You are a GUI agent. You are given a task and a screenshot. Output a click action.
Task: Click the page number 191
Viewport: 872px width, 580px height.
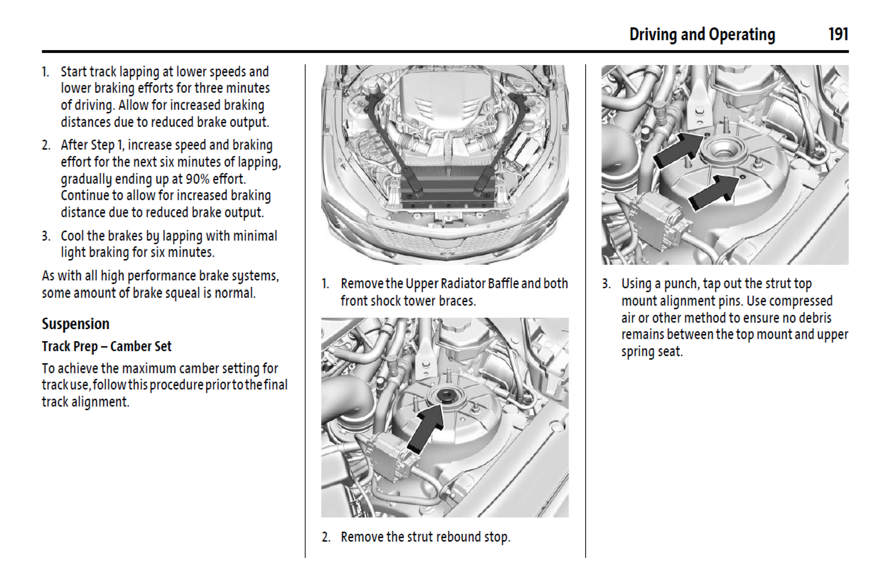838,34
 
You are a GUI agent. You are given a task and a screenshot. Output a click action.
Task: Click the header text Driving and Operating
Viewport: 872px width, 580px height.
702,35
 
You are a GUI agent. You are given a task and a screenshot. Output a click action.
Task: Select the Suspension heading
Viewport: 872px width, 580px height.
75,324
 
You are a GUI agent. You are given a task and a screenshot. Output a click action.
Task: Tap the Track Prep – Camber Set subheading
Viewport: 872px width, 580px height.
107,346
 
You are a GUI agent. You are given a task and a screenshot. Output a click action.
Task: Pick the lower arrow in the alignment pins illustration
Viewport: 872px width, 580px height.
712,192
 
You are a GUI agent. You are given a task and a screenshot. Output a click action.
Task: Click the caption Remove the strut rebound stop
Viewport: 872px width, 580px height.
425,537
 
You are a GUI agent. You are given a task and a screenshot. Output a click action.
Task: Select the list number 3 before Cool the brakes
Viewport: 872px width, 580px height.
46,236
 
